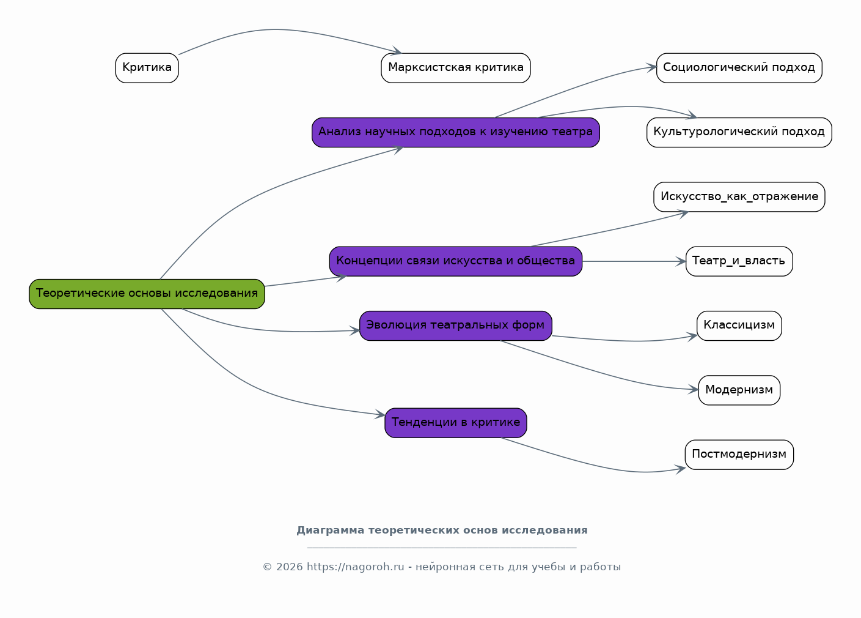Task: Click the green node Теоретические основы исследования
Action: point(147,294)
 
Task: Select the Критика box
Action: point(147,68)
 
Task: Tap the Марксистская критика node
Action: point(455,68)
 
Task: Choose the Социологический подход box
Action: point(739,68)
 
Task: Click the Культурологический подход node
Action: point(739,132)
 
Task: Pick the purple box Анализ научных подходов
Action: point(455,132)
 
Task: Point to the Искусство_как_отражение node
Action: point(739,197)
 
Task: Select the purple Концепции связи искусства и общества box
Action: point(455,261)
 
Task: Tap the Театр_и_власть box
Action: point(739,261)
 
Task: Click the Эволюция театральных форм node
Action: point(455,326)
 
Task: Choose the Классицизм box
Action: point(739,326)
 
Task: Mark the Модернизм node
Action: point(739,390)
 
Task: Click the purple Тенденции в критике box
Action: point(455,423)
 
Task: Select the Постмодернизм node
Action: point(739,455)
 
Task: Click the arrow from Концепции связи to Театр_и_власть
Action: point(634,261)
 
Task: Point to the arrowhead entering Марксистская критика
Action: point(397,51)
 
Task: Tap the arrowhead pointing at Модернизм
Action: point(694,389)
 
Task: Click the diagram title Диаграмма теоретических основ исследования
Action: point(442,531)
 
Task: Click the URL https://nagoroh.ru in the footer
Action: point(355,567)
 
